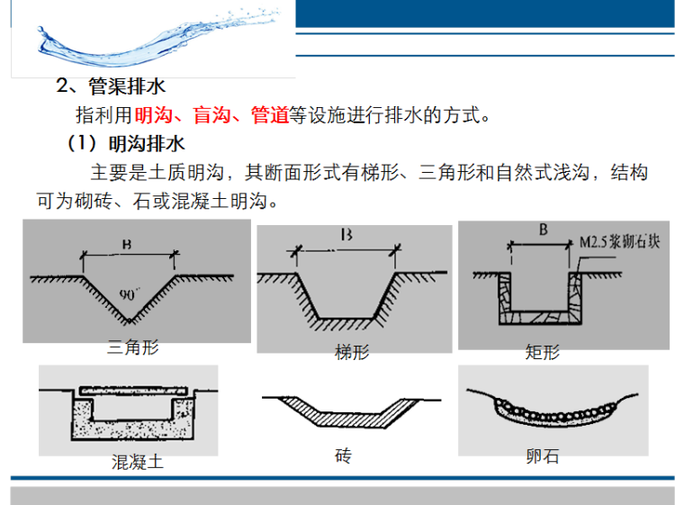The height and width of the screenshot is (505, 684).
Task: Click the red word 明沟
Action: coord(152,116)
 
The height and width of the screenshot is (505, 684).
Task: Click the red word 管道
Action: coord(269,116)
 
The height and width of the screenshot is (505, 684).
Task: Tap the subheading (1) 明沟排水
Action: coord(126,144)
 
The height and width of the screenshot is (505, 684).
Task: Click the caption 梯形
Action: coord(351,353)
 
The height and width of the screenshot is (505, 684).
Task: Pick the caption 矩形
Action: coord(542,352)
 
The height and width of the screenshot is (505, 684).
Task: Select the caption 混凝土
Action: coord(137,463)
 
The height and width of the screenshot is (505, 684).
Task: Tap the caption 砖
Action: coord(343,456)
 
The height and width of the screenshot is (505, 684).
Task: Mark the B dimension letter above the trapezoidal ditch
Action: coord(346,236)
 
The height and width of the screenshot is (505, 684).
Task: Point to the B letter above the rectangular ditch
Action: coord(544,230)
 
